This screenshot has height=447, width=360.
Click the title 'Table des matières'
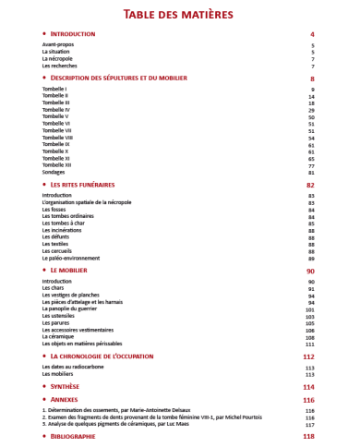[180, 14]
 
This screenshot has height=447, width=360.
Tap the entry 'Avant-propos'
[57, 45]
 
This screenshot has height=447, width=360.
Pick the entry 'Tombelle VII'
[56, 130]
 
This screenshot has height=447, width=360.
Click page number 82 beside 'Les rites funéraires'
[310, 185]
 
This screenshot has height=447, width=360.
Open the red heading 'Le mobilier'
[73, 271]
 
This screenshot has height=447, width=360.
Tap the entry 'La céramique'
[59, 337]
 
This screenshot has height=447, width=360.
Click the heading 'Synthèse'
[66, 386]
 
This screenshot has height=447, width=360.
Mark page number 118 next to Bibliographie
[309, 436]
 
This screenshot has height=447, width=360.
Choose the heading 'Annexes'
[66, 400]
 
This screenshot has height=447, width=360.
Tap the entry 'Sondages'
[55, 172]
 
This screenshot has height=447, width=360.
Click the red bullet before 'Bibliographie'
[44, 436]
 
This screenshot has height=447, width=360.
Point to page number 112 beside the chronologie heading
[309, 356]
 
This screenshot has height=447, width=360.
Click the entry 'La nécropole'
[57, 59]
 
